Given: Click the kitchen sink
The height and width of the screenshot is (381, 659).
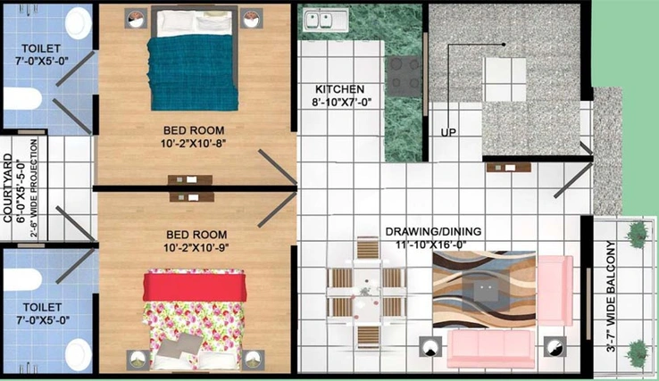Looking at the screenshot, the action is pos(326,21).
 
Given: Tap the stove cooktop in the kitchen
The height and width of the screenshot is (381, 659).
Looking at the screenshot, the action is pos(405,78).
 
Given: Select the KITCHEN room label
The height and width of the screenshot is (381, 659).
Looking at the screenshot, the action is pos(339,89).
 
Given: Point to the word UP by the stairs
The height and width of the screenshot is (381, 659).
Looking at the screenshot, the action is pos(448,132).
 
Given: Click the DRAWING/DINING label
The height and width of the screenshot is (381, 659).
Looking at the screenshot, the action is pos(433,231).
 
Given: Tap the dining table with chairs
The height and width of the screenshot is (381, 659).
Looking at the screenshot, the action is pos(366,294).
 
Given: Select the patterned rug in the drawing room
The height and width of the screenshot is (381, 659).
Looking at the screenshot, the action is pos(484,289).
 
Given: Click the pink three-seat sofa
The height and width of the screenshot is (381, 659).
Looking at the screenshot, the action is pos(490,349).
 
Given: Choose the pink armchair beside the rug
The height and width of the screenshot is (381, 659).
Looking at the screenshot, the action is pos(555,291).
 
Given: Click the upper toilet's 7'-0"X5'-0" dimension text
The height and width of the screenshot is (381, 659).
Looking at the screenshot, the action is pos(42,62).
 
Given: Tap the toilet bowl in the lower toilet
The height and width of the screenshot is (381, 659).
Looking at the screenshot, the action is pos(79,353).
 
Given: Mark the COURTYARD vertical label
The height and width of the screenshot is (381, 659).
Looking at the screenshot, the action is pos(7,187).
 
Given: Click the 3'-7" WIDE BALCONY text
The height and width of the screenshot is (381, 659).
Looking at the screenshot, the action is pos(611,296).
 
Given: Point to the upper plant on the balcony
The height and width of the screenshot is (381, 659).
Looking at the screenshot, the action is pos(638,234).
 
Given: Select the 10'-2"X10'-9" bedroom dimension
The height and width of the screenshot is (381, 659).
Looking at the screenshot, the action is pos(196,248).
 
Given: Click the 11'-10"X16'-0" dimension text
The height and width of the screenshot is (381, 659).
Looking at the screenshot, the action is pos(431,244).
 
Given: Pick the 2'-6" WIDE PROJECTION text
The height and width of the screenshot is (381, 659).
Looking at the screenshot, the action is pos(34,188).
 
